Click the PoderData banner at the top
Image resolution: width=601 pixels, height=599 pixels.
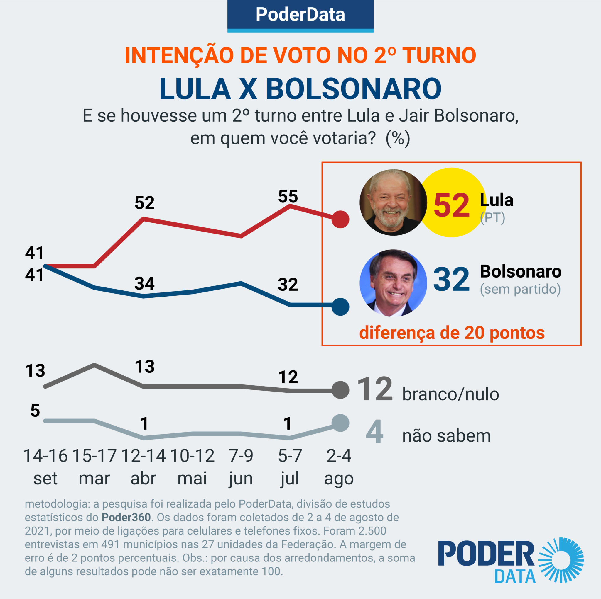pos(300,15)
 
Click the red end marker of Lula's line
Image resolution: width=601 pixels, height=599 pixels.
pos(340,219)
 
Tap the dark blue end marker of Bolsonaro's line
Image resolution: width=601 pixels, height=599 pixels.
pos(340,307)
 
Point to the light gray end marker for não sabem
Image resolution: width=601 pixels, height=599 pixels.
pos(340,423)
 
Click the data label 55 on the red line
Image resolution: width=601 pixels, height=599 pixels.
pos(288,196)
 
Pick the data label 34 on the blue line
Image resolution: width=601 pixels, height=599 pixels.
pos(144,283)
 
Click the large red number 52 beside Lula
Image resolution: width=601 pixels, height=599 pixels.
pos(451,205)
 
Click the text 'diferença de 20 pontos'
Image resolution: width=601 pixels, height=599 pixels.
pos(452,333)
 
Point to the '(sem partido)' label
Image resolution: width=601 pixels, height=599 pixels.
pos(520,289)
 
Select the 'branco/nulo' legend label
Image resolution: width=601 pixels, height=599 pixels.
pos(450,394)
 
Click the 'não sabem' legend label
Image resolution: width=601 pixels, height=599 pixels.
pos(446,435)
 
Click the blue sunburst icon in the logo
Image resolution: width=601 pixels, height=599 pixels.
pos(561,560)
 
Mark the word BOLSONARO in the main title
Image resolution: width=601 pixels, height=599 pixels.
pos(353,89)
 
